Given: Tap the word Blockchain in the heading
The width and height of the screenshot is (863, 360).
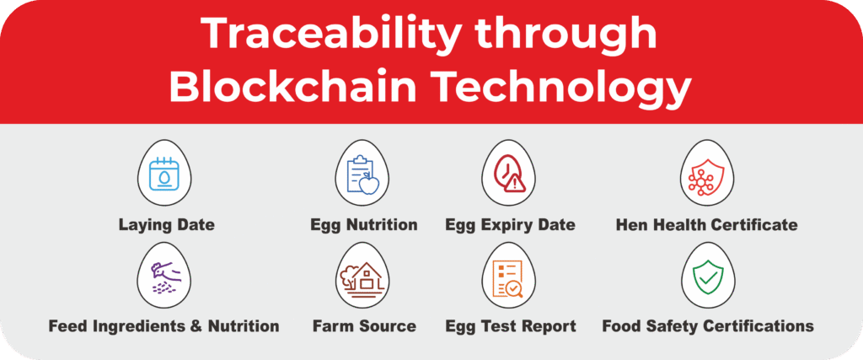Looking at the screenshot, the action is pos(292,89).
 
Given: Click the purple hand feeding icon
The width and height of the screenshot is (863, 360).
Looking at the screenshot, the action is pos(163,275).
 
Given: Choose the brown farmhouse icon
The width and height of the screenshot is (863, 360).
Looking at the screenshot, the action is pos(361,275).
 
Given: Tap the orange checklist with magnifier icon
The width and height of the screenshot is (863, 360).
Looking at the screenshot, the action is pos(509,275).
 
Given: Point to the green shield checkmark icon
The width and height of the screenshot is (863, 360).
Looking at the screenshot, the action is pos(708,275).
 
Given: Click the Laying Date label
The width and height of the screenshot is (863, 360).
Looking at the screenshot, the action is pos(167,225).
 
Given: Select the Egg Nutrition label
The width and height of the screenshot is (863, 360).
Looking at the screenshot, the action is pos(364,225).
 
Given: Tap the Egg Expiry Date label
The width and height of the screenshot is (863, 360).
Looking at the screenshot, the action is pos(510,225).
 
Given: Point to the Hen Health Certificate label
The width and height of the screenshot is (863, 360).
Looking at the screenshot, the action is pos(707,225).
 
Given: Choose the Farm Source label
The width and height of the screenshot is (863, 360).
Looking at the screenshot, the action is pos(364,326).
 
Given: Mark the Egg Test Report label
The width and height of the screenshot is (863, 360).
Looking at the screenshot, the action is pos(511,326).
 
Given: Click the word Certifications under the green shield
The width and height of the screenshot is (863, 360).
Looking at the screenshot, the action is pos(751,326).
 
